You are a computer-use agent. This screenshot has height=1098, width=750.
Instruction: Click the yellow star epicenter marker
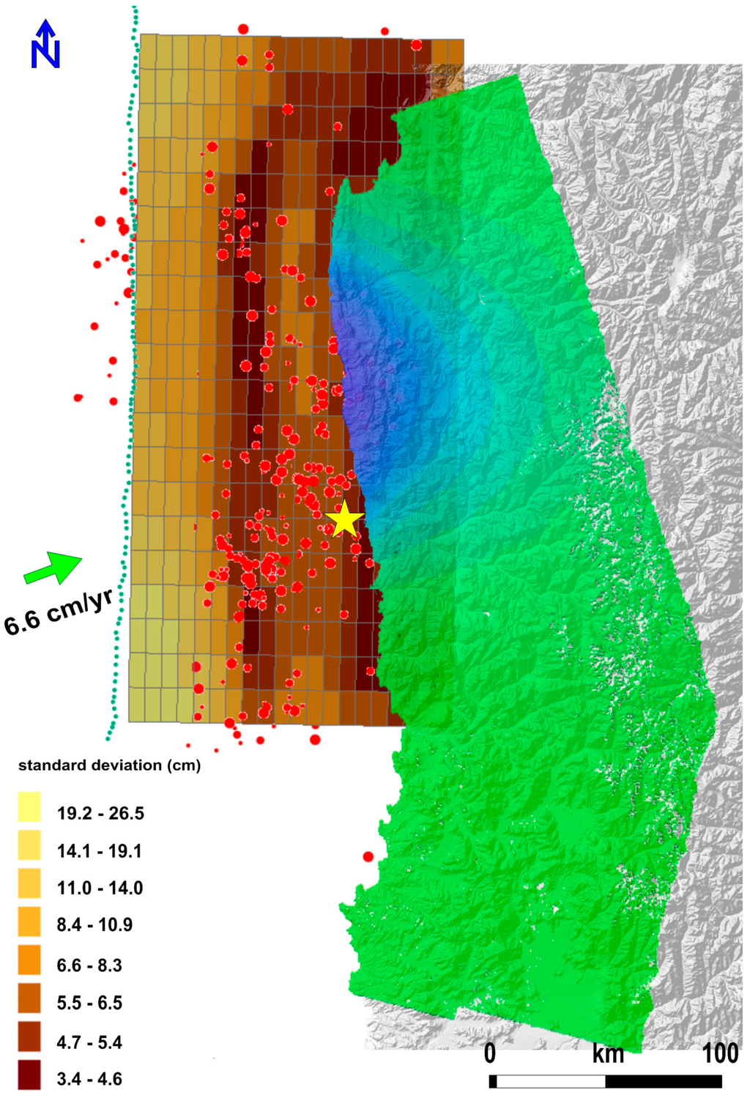click(344, 520)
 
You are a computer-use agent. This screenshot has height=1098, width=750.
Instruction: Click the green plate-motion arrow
click(53, 567)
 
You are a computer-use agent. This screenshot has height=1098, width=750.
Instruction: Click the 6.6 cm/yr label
click(59, 612)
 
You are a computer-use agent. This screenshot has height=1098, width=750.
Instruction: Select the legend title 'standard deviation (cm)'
click(109, 765)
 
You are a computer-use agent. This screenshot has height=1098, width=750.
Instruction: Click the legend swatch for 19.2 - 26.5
click(29, 806)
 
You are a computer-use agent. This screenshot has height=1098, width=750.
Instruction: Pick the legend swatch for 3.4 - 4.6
click(29, 1075)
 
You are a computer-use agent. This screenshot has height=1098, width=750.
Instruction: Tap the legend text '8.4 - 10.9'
click(94, 925)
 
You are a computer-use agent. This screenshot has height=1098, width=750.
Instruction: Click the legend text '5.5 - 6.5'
click(89, 1003)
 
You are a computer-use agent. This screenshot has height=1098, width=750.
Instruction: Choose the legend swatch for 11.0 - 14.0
click(29, 883)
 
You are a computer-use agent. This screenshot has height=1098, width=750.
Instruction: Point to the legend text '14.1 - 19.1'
click(99, 851)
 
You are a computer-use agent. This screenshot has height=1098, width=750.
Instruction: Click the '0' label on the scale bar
click(490, 1054)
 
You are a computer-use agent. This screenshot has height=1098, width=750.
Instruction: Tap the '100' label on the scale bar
click(720, 1054)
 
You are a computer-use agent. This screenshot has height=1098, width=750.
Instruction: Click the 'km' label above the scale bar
click(608, 1055)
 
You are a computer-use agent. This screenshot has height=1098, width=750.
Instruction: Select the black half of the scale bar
click(664, 1081)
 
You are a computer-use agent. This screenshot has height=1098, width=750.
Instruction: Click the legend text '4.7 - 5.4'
click(89, 1042)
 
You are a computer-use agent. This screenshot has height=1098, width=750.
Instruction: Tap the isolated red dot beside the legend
click(368, 856)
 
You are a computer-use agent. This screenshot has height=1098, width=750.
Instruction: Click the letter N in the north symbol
click(45, 54)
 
